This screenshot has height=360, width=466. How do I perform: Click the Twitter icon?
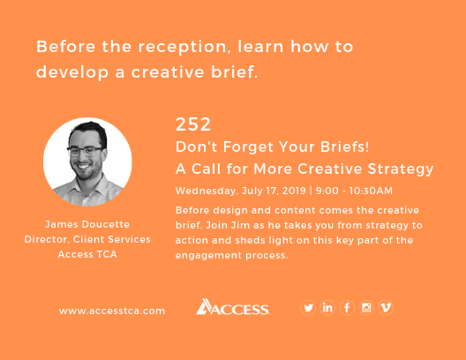click(308, 307)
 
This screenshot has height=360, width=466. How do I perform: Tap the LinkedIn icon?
click(327, 307)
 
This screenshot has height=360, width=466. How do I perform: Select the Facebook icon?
click(347, 307)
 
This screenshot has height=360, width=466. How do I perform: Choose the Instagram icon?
click(366, 307)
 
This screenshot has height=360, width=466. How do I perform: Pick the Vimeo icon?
click(386, 307)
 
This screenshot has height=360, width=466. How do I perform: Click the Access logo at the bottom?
click(233, 307)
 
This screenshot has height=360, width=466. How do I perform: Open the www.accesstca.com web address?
click(112, 311)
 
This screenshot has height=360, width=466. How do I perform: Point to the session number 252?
click(193, 124)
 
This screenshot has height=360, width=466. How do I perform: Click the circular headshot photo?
click(87, 161)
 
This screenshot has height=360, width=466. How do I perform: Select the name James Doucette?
click(87, 223)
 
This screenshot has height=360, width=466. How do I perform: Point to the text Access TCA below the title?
click(87, 254)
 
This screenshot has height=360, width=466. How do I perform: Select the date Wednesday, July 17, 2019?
click(239, 190)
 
